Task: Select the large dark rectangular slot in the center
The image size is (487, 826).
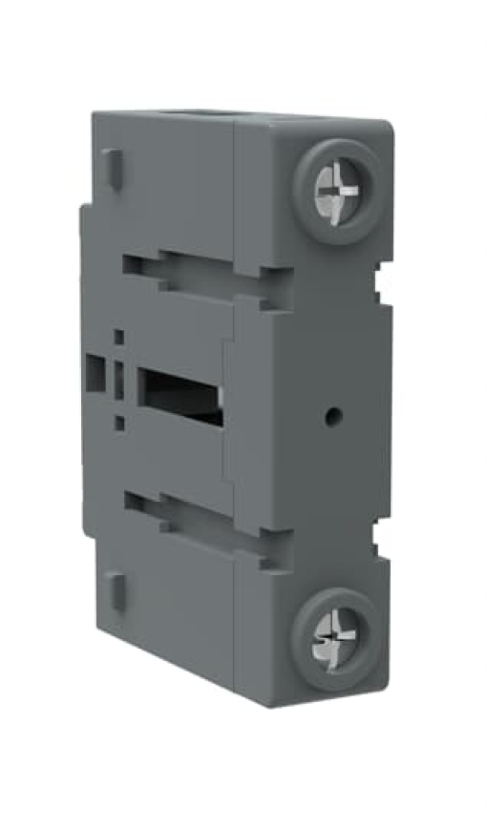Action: click(181, 393)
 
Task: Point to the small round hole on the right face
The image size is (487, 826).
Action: click(332, 415)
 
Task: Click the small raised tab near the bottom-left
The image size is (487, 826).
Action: click(114, 588)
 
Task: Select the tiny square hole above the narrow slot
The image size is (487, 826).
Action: click(119, 337)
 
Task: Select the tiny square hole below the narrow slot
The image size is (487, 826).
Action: click(119, 423)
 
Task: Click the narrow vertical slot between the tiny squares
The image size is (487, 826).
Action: click(119, 380)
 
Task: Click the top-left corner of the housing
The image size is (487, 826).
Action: click(93, 116)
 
